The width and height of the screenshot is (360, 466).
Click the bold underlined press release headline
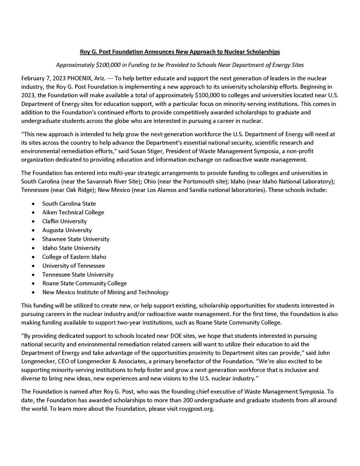click(x=180, y=52)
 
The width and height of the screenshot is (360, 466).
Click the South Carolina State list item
click(x=69, y=203)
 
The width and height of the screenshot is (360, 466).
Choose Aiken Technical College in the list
click(x=73, y=212)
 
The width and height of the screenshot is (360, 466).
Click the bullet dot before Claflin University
click(x=34, y=221)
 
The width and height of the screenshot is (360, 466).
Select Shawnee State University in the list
click(x=76, y=239)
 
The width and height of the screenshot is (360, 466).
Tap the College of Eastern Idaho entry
click(x=74, y=257)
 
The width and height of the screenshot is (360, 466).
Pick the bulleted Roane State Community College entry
click(x=84, y=283)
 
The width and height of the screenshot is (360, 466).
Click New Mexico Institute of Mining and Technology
click(x=105, y=292)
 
